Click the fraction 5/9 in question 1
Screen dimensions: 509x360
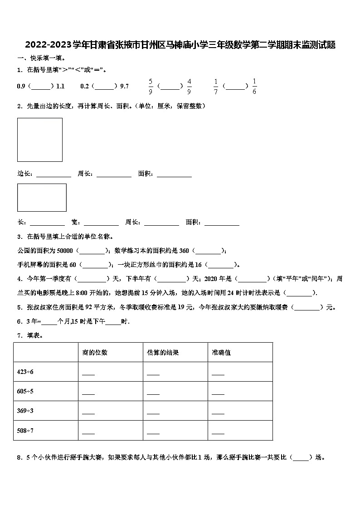pos(151,86)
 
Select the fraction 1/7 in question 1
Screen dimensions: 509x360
pos(216,86)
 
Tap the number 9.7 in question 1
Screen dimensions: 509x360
pos(124,86)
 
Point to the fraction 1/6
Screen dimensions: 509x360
pos(254,86)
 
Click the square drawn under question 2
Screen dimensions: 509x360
pos(40,140)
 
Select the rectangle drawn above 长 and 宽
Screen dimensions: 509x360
pos(42,197)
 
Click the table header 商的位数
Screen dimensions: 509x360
pos(95,352)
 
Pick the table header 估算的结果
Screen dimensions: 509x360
pos(163,352)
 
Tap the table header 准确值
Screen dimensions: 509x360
pos(221,352)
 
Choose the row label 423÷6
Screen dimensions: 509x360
pos(25,372)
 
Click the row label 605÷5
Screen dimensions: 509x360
pos(25,391)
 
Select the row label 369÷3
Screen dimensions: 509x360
pos(25,411)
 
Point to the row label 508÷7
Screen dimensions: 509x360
pos(25,430)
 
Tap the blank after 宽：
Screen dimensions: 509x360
pos(101,223)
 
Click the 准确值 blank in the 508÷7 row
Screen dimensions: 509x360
pos(218,431)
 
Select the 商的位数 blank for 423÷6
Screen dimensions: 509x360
pos(88,373)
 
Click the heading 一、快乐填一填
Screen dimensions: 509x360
pos(41,58)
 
